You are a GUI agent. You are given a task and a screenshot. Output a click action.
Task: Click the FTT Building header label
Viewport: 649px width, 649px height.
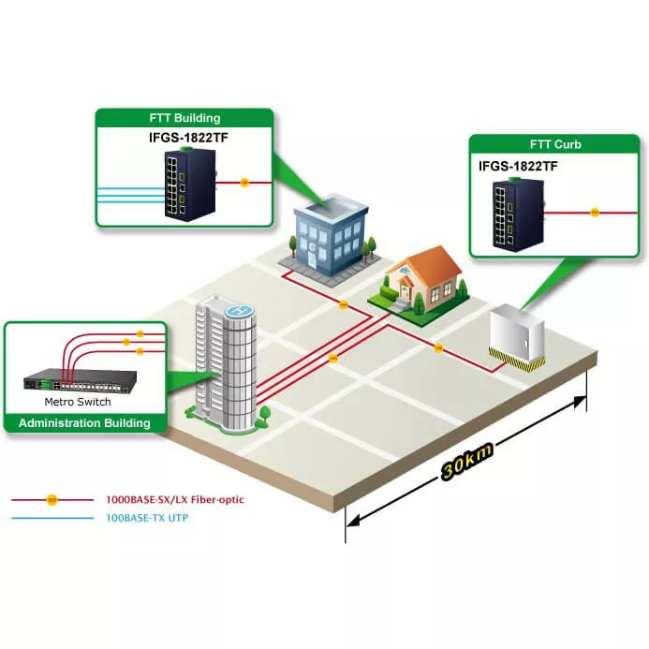click(x=184, y=118)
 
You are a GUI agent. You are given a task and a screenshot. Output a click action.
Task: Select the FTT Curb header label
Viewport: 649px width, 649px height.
click(x=555, y=144)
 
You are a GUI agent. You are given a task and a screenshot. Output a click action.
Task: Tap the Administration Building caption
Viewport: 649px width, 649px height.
click(x=85, y=423)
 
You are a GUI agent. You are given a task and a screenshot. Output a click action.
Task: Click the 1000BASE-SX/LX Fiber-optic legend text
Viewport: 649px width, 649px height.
click(x=175, y=500)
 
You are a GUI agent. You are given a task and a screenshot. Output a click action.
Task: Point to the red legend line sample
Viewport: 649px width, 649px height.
click(x=52, y=500)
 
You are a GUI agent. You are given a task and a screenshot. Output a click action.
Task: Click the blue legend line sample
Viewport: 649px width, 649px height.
click(x=52, y=517)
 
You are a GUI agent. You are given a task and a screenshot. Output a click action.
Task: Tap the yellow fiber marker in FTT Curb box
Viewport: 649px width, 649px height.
click(x=595, y=212)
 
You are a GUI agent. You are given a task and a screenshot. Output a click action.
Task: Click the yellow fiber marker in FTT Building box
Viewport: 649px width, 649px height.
click(x=244, y=182)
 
